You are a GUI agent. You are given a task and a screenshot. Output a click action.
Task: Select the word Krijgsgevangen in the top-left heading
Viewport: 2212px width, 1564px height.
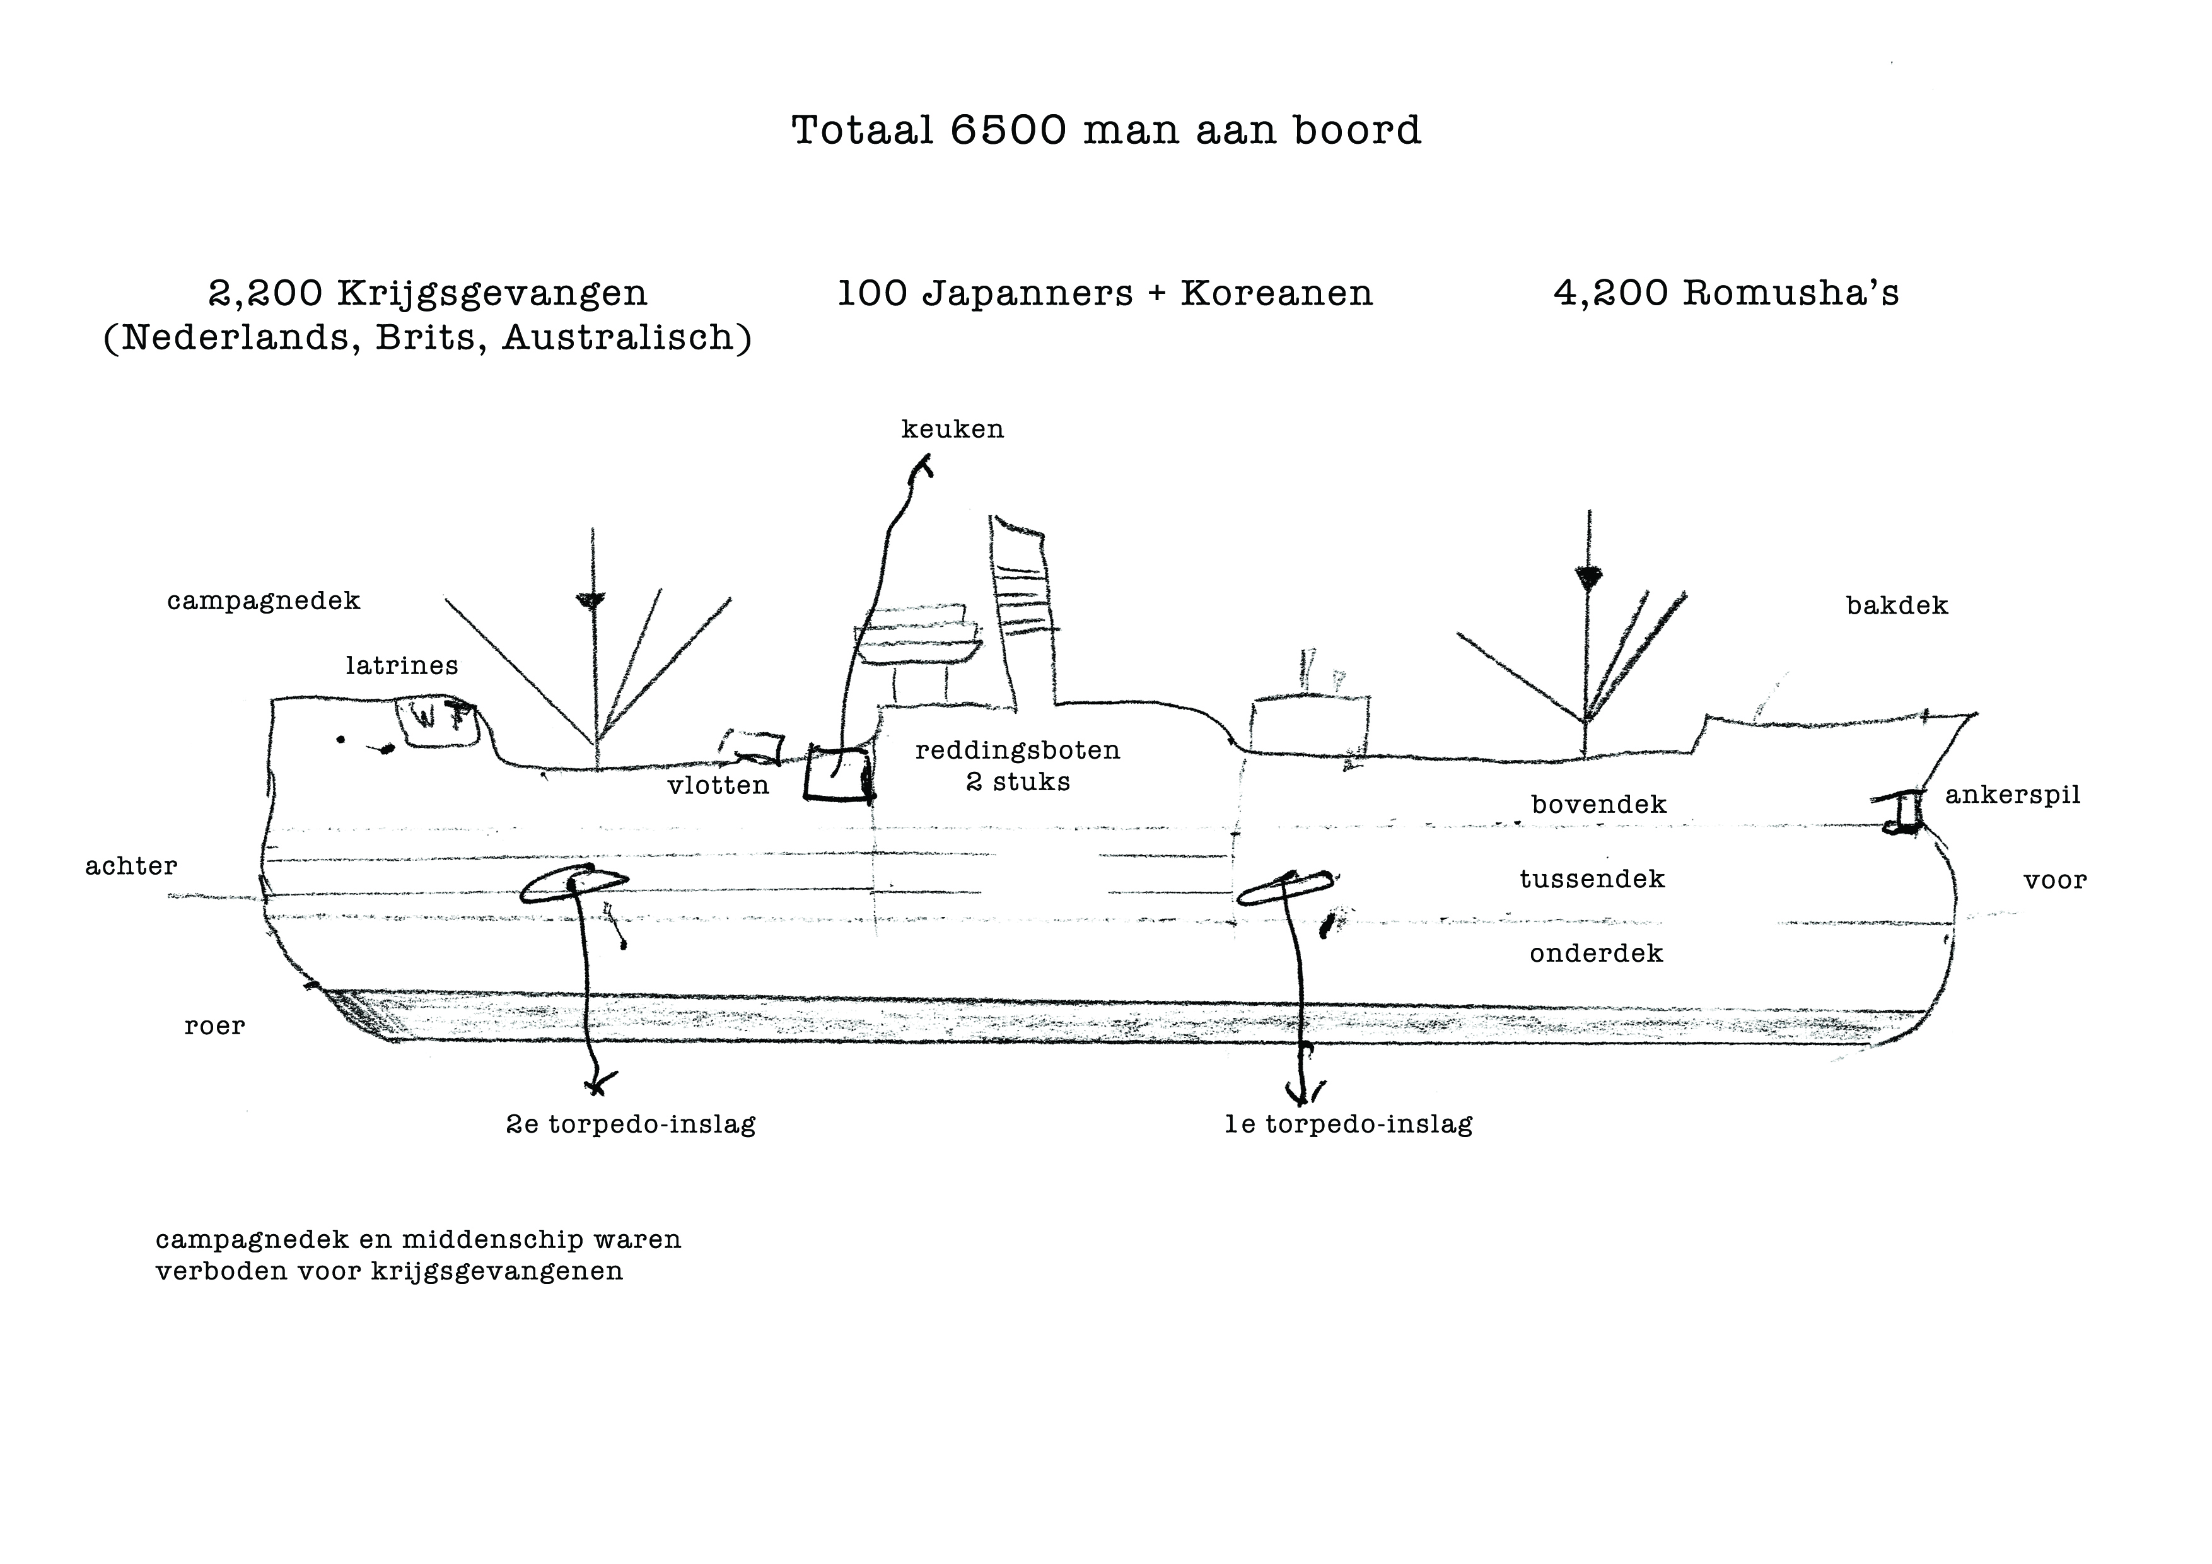491,294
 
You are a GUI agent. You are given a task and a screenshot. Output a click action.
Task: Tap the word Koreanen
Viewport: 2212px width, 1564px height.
1276,293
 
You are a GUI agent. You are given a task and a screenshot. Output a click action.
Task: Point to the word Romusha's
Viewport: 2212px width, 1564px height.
1790,293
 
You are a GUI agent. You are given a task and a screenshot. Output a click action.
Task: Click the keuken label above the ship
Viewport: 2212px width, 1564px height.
952,429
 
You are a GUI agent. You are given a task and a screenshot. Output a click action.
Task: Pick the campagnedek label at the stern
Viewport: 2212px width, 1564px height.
263,601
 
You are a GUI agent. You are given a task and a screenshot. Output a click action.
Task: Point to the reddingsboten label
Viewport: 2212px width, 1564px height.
1017,750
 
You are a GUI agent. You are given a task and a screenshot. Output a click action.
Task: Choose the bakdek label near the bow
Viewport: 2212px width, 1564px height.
1896,606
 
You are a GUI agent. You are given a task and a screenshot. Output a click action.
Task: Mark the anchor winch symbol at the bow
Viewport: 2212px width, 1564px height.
1902,812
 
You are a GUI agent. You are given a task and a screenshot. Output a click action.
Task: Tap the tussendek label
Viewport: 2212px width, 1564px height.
1592,879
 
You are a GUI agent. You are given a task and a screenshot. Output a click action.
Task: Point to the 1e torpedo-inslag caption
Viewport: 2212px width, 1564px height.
1348,1124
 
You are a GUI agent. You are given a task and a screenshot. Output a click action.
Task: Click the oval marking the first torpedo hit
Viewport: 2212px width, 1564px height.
1285,889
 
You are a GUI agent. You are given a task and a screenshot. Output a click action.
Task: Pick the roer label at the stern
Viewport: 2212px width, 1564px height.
214,1026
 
